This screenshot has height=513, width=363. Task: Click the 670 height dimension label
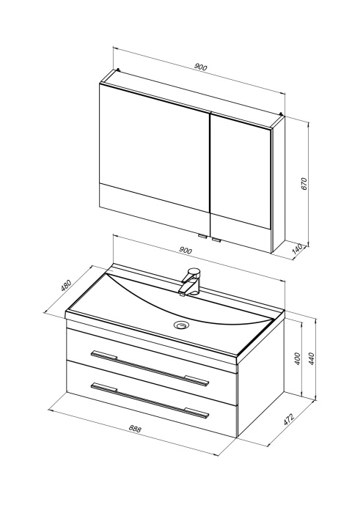point(304,184)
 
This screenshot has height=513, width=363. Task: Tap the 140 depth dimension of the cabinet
point(296,250)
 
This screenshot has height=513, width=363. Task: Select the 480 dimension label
point(66,285)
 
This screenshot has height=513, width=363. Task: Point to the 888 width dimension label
point(134,429)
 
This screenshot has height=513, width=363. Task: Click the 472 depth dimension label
point(289,419)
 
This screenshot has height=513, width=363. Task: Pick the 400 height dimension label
point(297,359)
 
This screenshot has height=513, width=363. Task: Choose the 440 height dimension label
point(311,359)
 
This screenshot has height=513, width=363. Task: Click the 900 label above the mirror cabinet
point(201,67)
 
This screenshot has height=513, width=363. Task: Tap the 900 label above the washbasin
point(186,251)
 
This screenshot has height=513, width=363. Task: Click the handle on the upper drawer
point(150,369)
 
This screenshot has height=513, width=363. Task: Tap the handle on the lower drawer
point(150,400)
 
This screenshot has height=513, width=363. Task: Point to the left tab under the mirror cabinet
point(202,236)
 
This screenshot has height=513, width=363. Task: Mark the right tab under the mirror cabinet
point(216,241)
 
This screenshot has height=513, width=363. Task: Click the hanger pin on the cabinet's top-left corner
point(119,70)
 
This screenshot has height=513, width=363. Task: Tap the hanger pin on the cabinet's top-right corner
point(281,114)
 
